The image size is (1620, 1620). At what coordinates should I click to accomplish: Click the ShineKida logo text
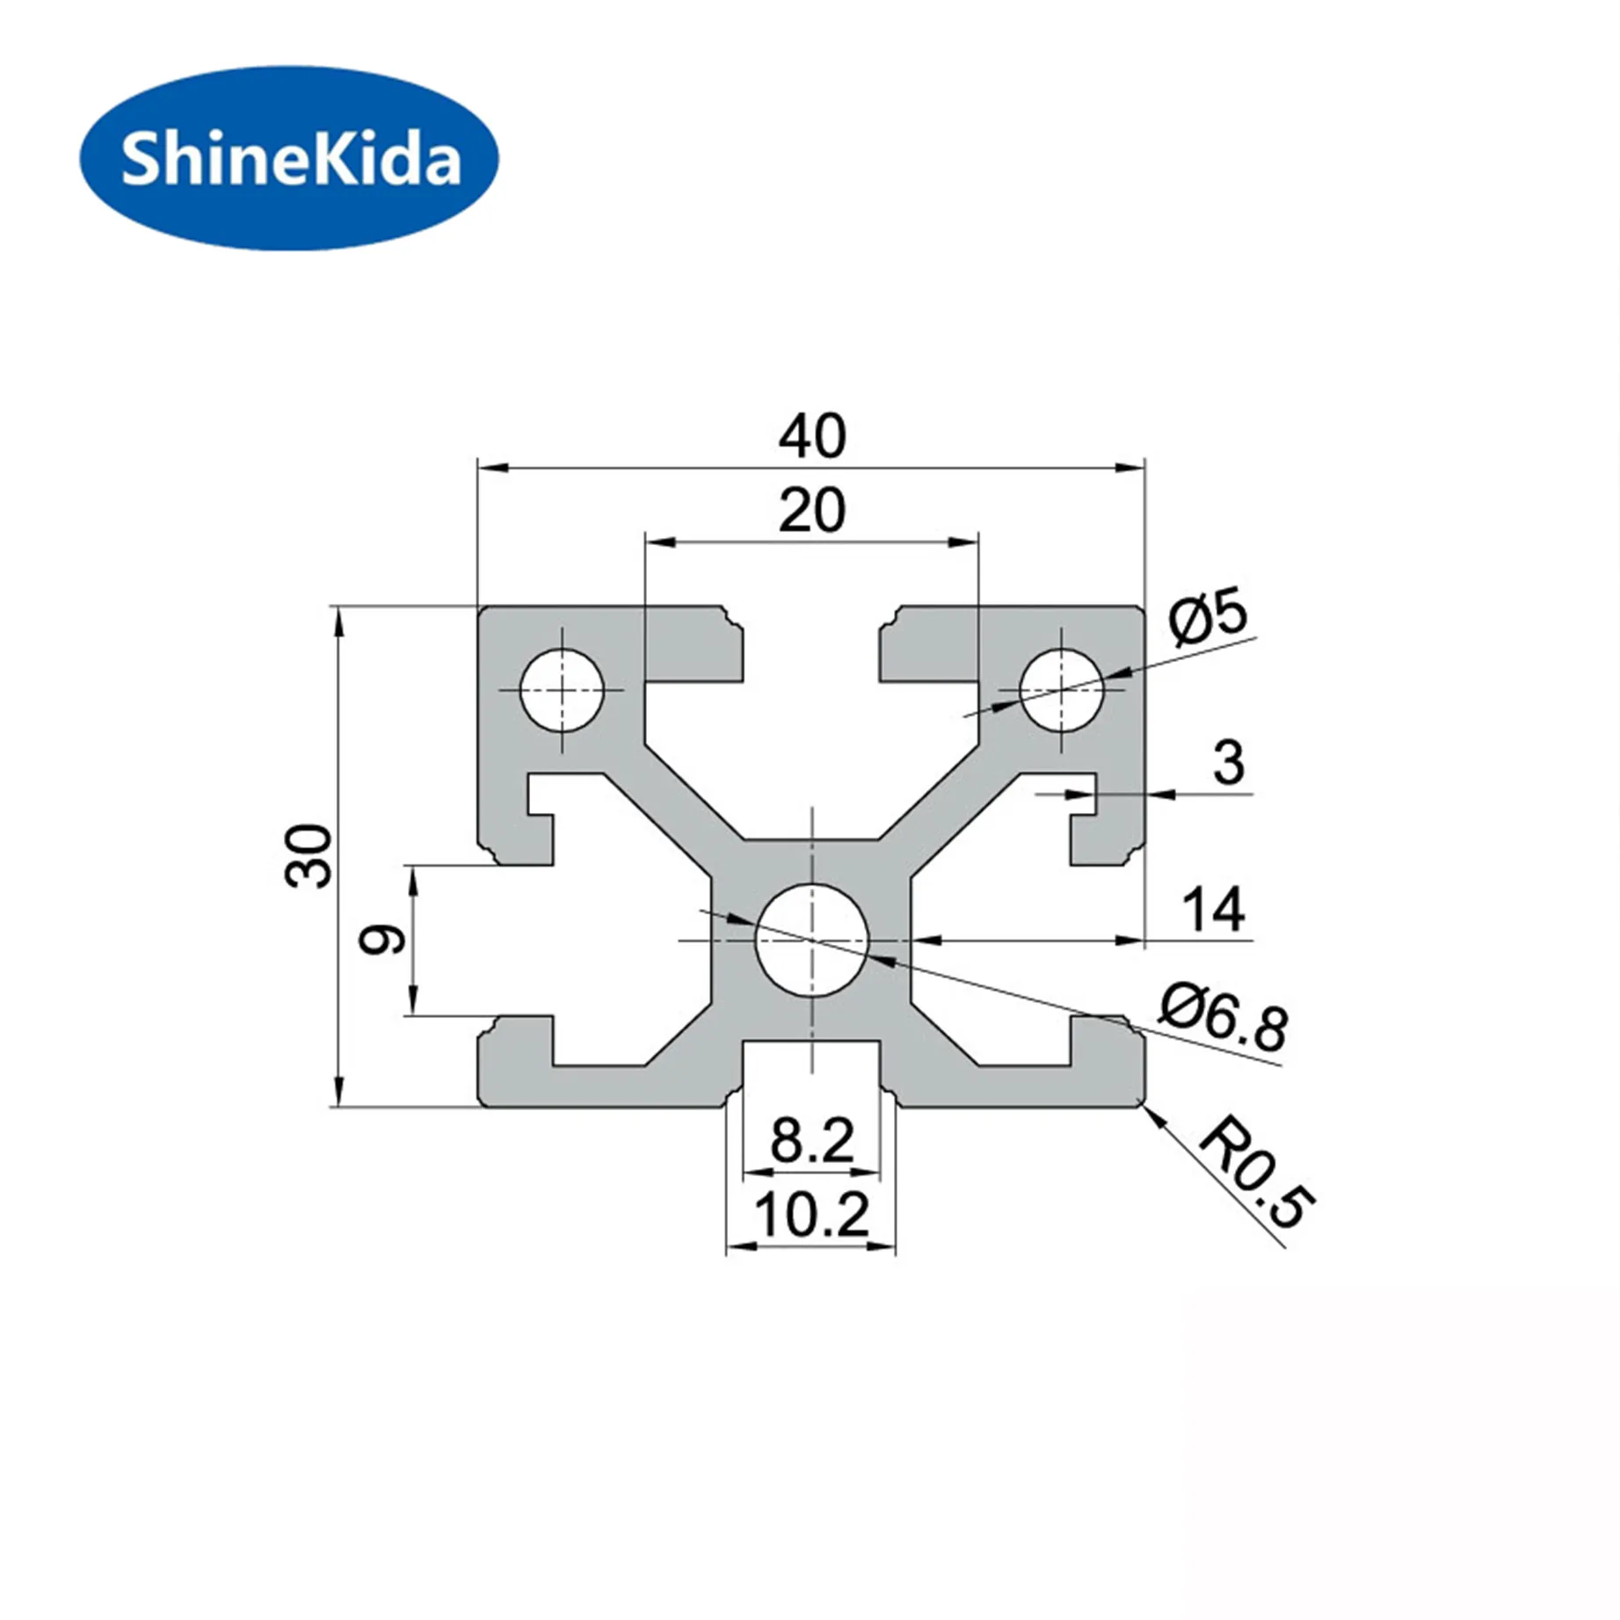point(290,159)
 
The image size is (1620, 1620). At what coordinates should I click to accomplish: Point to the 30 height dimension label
point(309,855)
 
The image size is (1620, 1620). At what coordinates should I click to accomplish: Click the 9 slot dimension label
point(382,940)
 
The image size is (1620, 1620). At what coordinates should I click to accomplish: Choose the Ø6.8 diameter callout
point(1223,1019)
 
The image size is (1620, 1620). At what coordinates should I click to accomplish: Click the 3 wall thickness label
point(1228,762)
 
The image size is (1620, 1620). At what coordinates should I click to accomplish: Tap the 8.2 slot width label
point(811,1141)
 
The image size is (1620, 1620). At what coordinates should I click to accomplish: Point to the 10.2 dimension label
point(811,1215)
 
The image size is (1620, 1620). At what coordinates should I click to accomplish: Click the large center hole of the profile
point(811,940)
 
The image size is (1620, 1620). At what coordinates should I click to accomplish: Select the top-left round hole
point(562,690)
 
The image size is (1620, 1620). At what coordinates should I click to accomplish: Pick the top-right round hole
point(1061,690)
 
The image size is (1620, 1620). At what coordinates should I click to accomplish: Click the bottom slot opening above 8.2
point(811,1068)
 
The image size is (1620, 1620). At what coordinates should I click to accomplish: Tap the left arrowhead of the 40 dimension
point(492,469)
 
